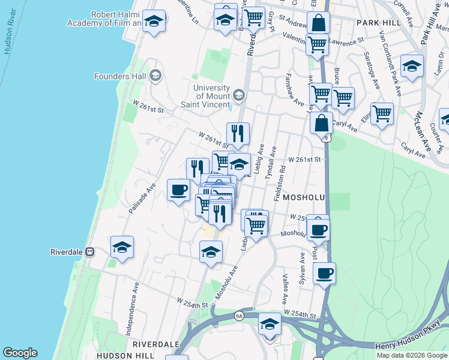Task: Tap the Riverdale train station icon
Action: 90,252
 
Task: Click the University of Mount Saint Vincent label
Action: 211,95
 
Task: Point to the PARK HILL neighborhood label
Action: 378,22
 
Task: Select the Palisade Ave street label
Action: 142,198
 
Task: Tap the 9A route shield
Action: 239,316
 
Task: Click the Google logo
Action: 20,353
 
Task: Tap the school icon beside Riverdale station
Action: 122,247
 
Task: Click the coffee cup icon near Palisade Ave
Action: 178,190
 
